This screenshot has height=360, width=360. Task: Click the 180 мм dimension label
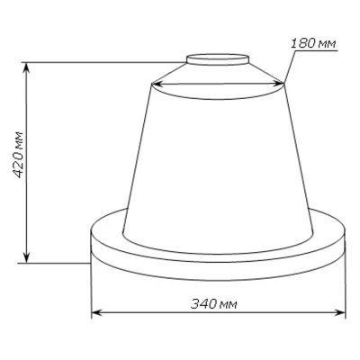[x=313, y=44]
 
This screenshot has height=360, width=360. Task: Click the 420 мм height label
[x=19, y=155]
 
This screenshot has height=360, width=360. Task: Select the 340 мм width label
[x=214, y=304]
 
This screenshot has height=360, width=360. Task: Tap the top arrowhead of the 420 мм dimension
[x=27, y=67]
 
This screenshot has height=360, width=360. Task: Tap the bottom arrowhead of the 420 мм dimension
[x=27, y=257]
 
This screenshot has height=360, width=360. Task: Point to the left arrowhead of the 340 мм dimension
[x=96, y=312]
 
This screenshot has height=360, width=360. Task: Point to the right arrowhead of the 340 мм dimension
[x=340, y=312]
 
